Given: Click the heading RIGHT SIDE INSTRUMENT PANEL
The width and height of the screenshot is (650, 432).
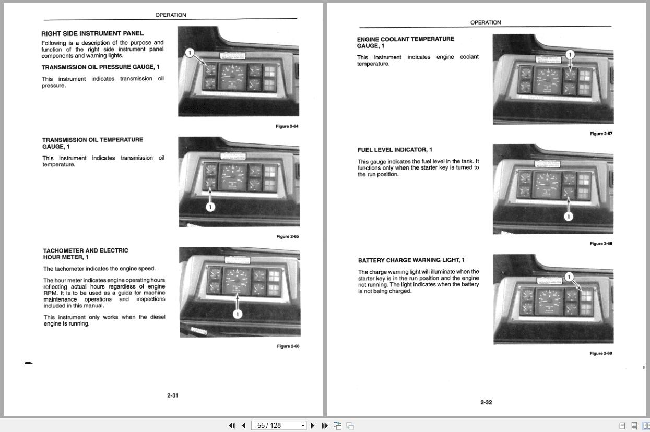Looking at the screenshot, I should click(92, 33).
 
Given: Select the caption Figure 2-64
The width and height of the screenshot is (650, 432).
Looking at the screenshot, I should click(287, 126).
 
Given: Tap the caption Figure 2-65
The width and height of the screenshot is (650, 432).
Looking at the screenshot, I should click(287, 236).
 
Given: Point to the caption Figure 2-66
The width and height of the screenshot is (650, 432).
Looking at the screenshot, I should click(288, 346).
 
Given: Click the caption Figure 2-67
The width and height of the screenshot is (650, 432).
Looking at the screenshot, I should click(601, 134).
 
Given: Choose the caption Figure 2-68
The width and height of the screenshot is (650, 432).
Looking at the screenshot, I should click(601, 244).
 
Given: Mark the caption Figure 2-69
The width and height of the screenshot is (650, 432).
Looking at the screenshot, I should click(601, 353).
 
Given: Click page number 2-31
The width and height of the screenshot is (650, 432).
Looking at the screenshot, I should click(173, 395).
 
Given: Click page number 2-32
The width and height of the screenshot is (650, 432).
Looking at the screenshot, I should click(486, 402).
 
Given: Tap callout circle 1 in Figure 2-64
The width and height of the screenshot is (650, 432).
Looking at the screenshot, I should click(190, 53).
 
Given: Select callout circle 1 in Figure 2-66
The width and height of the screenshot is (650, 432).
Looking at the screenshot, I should click(238, 314).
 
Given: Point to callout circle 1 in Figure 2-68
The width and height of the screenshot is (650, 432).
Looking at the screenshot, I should click(569, 217).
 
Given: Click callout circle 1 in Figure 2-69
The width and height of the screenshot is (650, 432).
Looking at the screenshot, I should click(569, 277).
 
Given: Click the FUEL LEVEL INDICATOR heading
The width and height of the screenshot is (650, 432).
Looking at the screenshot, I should click(395, 150).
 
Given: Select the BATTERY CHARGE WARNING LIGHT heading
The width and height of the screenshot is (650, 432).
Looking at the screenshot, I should click(411, 260).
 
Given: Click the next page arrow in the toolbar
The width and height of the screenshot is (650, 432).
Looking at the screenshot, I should click(313, 426).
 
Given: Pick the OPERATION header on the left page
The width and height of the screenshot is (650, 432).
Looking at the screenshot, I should click(170, 15).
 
